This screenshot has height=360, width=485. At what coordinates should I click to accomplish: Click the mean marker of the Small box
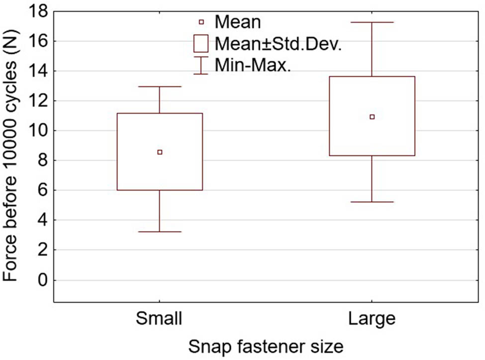click(160, 152)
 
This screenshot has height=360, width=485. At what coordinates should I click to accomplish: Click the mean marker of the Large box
click(372, 117)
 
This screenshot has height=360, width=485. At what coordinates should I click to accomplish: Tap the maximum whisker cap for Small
click(160, 87)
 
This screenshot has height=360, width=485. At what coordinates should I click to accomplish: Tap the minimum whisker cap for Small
click(160, 232)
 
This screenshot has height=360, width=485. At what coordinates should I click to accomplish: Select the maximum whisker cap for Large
click(372, 22)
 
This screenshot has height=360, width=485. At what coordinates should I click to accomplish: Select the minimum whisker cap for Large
click(372, 202)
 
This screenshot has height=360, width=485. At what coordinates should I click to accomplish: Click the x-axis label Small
click(160, 319)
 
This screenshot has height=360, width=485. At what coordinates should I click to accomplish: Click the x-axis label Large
click(372, 319)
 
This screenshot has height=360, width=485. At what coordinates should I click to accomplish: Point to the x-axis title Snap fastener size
click(266, 347)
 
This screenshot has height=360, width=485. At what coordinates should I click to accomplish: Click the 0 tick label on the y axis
click(42, 280)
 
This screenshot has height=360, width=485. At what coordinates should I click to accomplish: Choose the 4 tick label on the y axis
click(42, 221)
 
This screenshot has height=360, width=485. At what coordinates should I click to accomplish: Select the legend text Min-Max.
click(253, 65)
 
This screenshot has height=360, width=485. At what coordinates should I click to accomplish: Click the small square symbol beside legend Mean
click(201, 21)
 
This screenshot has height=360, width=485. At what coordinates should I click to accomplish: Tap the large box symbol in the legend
click(201, 43)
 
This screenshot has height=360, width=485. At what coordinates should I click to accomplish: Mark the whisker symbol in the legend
click(201, 65)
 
